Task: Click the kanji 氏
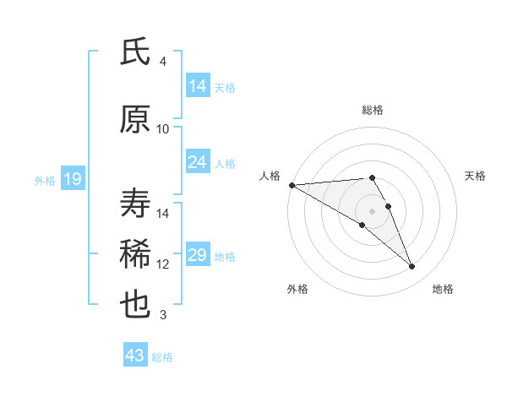pyautogui.click(x=135, y=52)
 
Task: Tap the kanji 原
pyautogui.click(x=135, y=120)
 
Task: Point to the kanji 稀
pyautogui.click(x=135, y=254)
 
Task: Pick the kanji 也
pyautogui.click(x=135, y=304)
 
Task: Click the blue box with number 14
pyautogui.click(x=198, y=86)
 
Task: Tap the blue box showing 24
pyautogui.click(x=198, y=162)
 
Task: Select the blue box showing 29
pyautogui.click(x=198, y=255)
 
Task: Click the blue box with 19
pyautogui.click(x=73, y=179)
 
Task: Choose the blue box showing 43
pyautogui.click(x=134, y=356)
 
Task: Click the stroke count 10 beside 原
pyautogui.click(x=163, y=128)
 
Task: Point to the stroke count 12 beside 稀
pyautogui.click(x=163, y=264)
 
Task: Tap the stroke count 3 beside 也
pyautogui.click(x=163, y=315)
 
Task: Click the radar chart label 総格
pyautogui.click(x=373, y=110)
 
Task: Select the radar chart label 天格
pyautogui.click(x=476, y=176)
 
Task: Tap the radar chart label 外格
pyautogui.click(x=297, y=289)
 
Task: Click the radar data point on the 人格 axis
pyautogui.click(x=292, y=184)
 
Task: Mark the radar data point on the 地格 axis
pyautogui.click(x=412, y=267)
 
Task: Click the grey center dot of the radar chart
pyautogui.click(x=372, y=210)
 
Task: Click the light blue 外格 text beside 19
pyautogui.click(x=44, y=180)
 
